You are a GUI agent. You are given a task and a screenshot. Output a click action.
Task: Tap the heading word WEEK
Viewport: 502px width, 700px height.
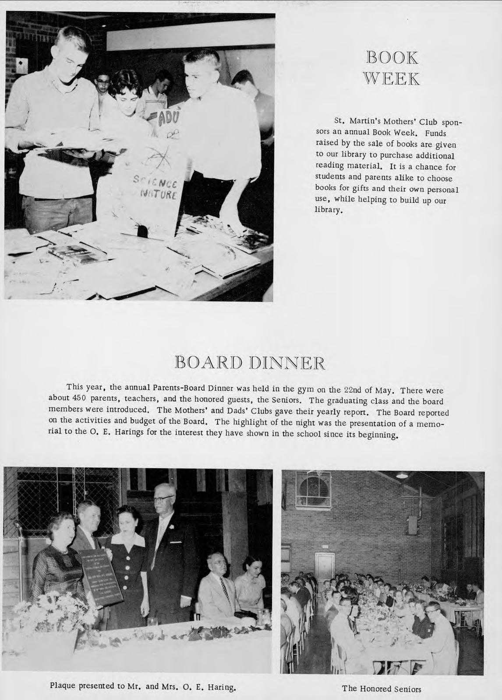point(392,79)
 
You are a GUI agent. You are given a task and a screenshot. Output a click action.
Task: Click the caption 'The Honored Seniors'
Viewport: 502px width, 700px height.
point(382,688)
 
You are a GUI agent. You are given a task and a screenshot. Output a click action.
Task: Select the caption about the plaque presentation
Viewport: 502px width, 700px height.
point(143,685)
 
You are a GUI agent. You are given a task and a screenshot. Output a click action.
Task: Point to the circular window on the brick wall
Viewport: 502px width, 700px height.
point(313,490)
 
